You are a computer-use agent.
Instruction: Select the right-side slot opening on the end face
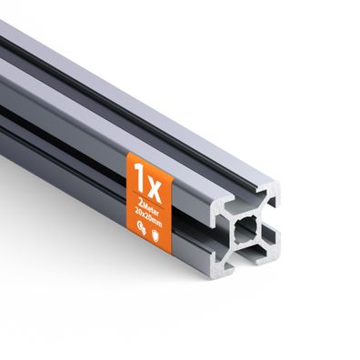271,227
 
